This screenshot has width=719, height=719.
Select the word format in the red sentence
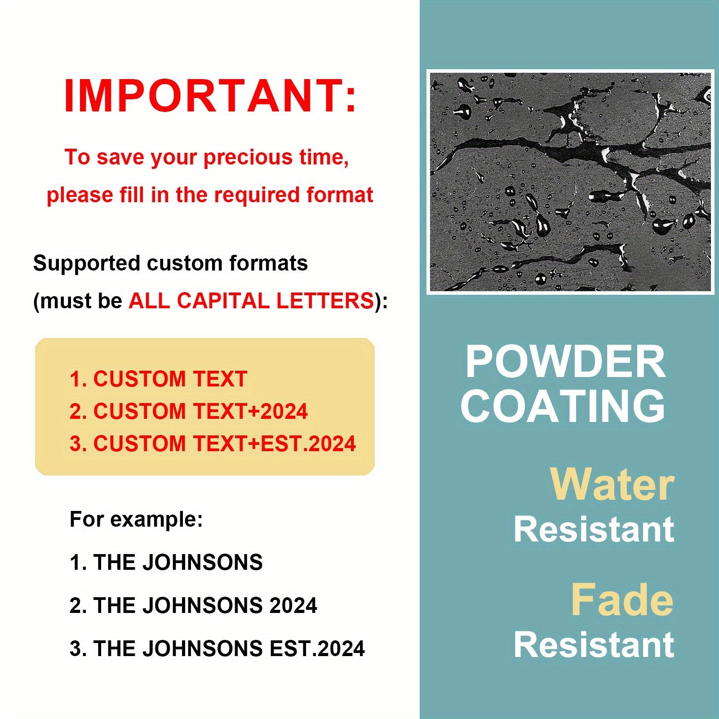point(340,195)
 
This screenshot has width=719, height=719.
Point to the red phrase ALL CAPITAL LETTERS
point(251,300)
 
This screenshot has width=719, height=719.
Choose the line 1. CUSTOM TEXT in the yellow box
point(158,379)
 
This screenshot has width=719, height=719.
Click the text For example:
point(136,520)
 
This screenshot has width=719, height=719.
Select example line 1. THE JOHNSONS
point(166,563)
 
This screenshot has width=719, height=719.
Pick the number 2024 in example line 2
point(293,605)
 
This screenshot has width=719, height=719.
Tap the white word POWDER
point(565,362)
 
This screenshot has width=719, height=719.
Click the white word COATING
point(563,406)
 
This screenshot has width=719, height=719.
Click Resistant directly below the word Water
point(594,529)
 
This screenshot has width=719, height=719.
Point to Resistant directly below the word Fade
point(594,645)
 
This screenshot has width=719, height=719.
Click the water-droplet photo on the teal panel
point(570,182)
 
